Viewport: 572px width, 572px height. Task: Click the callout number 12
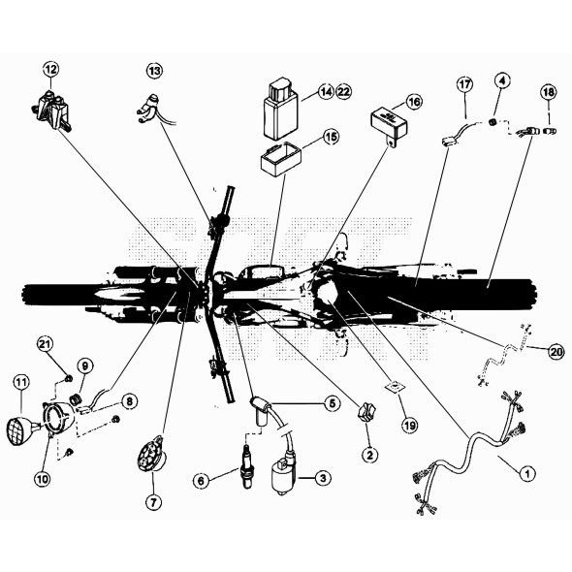pyautogui.click(x=50, y=69)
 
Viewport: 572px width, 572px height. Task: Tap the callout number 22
pyautogui.click(x=344, y=91)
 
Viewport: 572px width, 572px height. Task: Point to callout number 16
pyautogui.click(x=414, y=101)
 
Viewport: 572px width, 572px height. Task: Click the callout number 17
pyautogui.click(x=464, y=84)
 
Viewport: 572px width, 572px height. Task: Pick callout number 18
pyautogui.click(x=549, y=91)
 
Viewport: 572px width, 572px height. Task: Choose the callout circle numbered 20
pyautogui.click(x=556, y=351)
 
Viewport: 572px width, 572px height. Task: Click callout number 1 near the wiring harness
pyautogui.click(x=527, y=473)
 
